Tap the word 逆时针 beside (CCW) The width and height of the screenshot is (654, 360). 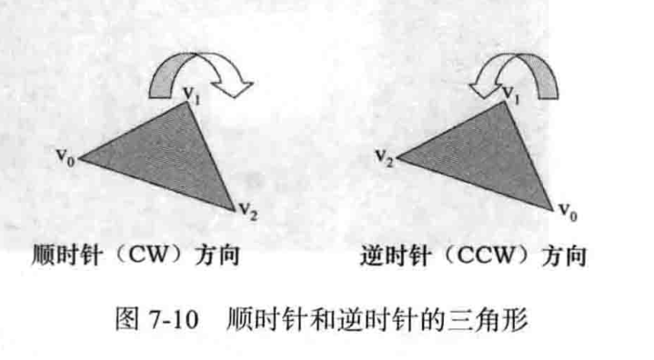click(x=394, y=256)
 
